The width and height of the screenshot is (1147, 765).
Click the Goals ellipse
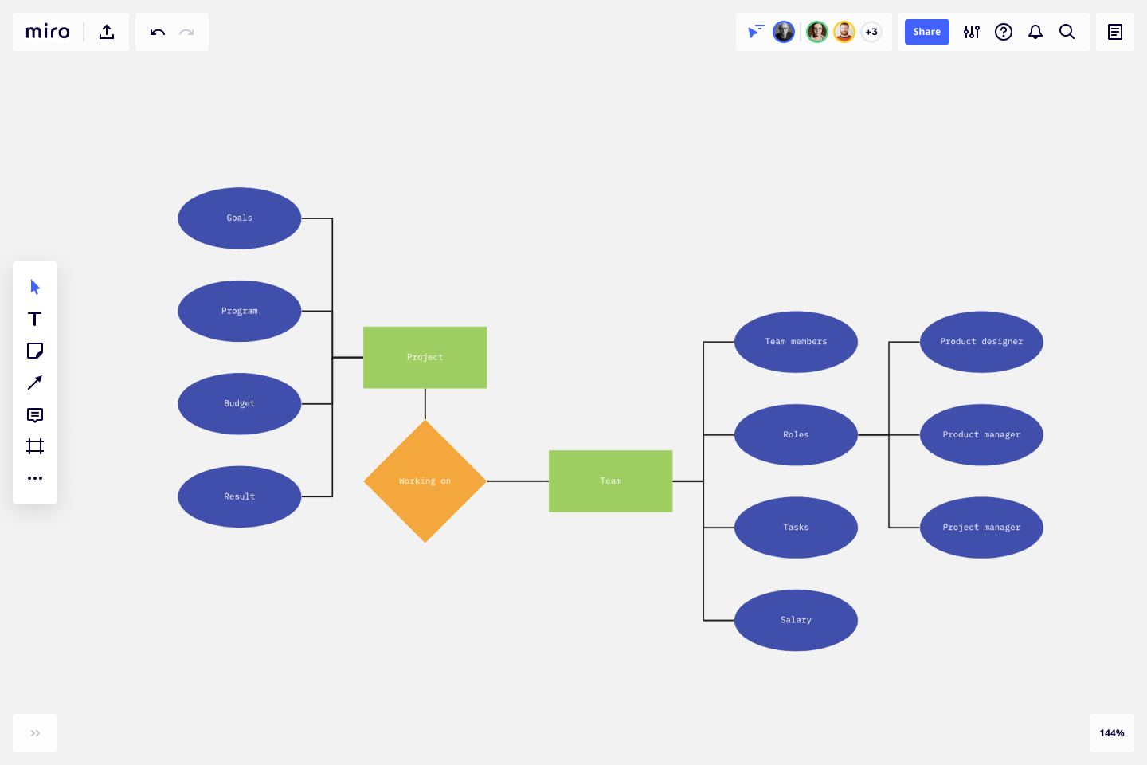tap(239, 218)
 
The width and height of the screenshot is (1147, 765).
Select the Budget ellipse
tap(239, 404)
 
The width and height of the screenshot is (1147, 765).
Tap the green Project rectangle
tap(425, 357)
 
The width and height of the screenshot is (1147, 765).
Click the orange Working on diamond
tap(425, 481)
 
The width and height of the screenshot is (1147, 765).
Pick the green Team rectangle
tap(610, 481)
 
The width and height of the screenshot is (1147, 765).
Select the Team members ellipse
tap(796, 342)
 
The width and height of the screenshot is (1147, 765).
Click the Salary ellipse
tap(796, 620)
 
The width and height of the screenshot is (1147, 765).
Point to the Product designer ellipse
tap(981, 342)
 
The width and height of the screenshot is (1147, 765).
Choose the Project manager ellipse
tap(981, 528)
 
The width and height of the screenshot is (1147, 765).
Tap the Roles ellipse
tap(796, 435)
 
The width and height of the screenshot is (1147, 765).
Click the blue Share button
tap(926, 32)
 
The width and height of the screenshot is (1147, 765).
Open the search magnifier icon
tap(1067, 32)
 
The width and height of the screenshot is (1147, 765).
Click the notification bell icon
tap(1035, 32)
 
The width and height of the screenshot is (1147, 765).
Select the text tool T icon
tap(35, 319)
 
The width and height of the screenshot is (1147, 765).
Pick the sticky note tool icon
tap(35, 351)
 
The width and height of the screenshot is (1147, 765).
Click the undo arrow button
tap(157, 32)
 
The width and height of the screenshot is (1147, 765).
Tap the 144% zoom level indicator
tap(1111, 733)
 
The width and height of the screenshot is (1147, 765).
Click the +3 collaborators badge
tap(871, 32)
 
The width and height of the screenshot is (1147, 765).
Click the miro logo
tap(48, 32)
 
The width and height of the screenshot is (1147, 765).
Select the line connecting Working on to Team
tap(518, 481)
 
